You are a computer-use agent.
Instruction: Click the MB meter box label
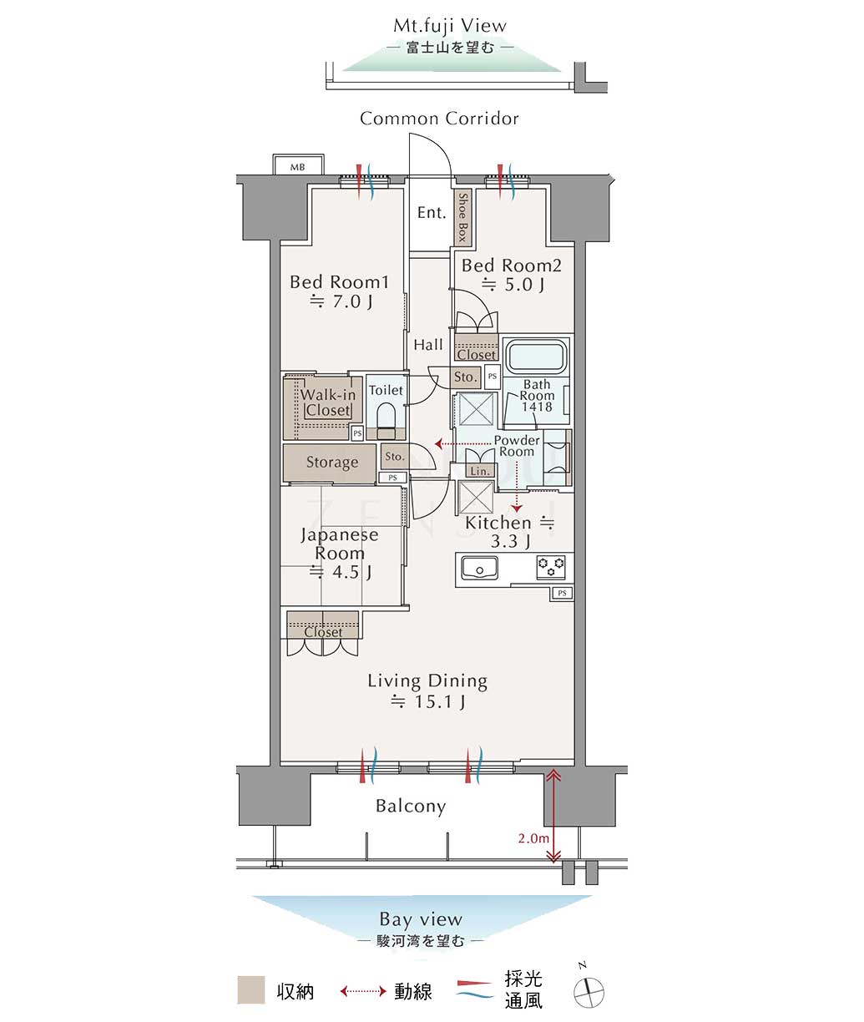coord(297,167)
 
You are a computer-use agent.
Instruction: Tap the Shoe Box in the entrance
coord(462,217)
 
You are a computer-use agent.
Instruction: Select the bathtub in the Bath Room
coord(536,356)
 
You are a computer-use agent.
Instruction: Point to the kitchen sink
coord(479,567)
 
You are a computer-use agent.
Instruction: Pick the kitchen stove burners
coord(551,567)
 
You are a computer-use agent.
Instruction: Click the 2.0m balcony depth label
coord(533,838)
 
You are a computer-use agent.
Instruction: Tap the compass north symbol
coord(589,992)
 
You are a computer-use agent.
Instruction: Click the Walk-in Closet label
coord(328,402)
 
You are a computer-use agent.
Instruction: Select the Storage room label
coord(332,463)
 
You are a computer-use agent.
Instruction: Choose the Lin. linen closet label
coord(479,471)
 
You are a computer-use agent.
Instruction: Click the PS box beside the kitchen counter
coord(562,594)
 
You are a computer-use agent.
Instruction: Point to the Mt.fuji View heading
coord(450,26)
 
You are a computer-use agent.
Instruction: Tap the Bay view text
coord(421,919)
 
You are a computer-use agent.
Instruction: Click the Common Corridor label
coord(439,119)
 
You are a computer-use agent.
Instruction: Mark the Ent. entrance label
coord(432,213)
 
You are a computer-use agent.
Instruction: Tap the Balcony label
coord(411,806)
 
